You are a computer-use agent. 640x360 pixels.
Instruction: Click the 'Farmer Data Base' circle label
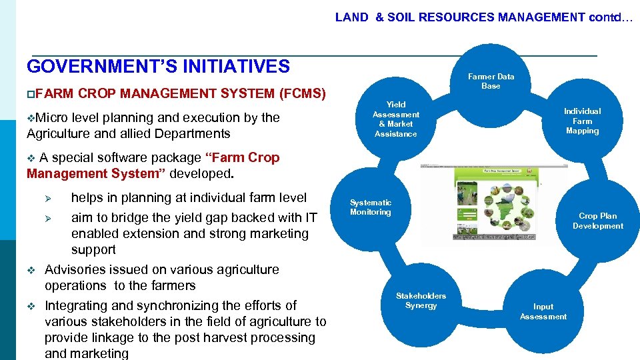(x=491, y=81)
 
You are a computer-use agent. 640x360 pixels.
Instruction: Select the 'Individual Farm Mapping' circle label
(x=582, y=121)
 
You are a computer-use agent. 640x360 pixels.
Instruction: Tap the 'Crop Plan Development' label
(x=597, y=221)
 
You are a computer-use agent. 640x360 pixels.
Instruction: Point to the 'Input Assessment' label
(x=543, y=311)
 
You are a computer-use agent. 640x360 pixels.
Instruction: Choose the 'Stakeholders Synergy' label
(x=421, y=301)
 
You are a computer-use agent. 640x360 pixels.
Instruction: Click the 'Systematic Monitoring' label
(x=371, y=207)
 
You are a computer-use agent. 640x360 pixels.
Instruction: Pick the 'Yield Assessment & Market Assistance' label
(x=395, y=119)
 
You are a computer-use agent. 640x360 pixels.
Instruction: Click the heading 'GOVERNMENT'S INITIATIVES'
(x=158, y=67)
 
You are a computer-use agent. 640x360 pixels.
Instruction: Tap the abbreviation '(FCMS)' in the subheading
(x=302, y=93)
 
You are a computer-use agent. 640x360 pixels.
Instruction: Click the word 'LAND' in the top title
(x=351, y=17)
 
